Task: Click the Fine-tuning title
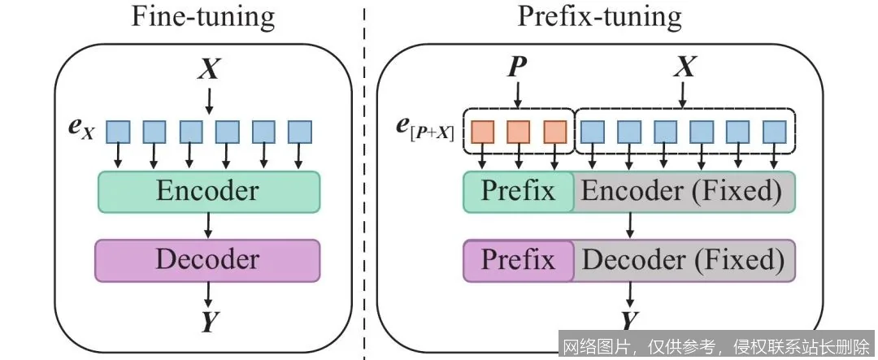[203, 17]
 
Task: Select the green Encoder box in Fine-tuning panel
[208, 191]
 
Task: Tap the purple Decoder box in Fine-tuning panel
[208, 259]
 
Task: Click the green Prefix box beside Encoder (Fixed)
[518, 191]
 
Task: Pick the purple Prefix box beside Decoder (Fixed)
[518, 260]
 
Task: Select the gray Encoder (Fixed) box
[684, 191]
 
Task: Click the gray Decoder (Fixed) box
[684, 260]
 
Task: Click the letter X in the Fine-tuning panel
[209, 69]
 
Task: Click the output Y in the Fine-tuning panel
[209, 323]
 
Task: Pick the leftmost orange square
[485, 131]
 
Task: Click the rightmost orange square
[554, 131]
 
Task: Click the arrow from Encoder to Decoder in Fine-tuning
[209, 225]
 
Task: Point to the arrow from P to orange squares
[515, 95]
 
